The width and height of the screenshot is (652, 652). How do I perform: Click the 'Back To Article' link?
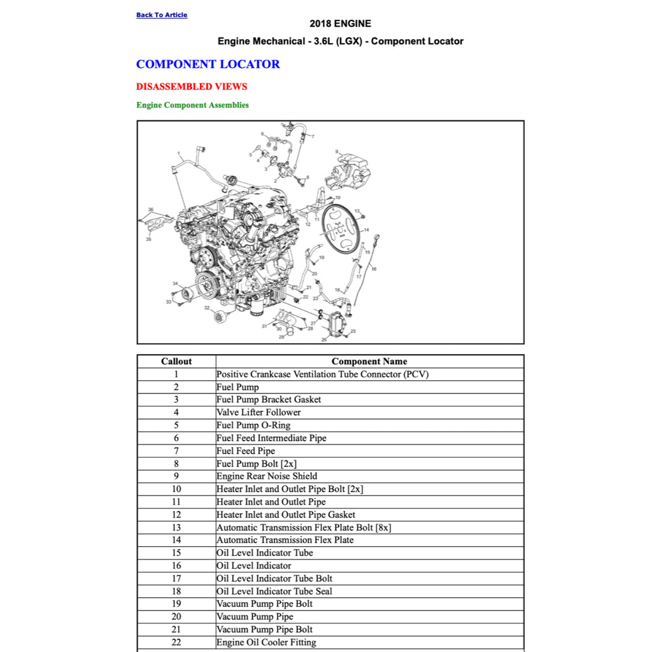[x=162, y=15]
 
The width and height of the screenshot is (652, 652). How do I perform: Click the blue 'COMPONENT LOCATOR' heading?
[x=208, y=64]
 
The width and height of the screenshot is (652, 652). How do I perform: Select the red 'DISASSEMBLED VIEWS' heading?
[x=192, y=87]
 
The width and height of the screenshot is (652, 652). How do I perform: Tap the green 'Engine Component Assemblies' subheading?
[x=192, y=105]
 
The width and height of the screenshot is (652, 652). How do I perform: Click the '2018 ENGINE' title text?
[x=340, y=24]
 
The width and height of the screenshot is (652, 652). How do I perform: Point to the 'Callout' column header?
[x=176, y=361]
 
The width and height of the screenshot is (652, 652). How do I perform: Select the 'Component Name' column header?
[x=369, y=361]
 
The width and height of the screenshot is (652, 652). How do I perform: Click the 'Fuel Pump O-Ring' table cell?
[x=253, y=425]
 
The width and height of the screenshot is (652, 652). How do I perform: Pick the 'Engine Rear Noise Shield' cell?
[x=267, y=476]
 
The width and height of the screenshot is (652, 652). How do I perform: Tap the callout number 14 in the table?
[x=176, y=540]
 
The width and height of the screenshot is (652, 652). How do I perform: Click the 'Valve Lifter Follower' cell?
[x=259, y=413]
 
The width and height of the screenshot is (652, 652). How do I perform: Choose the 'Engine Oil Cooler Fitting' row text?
[x=266, y=642]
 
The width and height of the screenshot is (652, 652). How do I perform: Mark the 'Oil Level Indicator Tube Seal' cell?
[x=274, y=591]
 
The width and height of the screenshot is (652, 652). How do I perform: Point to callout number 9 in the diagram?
[x=337, y=152]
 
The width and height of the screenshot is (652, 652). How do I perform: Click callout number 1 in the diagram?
[x=180, y=153]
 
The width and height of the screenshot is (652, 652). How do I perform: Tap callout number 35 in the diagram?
[x=148, y=239]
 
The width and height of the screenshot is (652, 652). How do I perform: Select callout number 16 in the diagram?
[x=374, y=269]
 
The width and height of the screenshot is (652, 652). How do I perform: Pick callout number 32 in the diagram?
[x=206, y=308]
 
